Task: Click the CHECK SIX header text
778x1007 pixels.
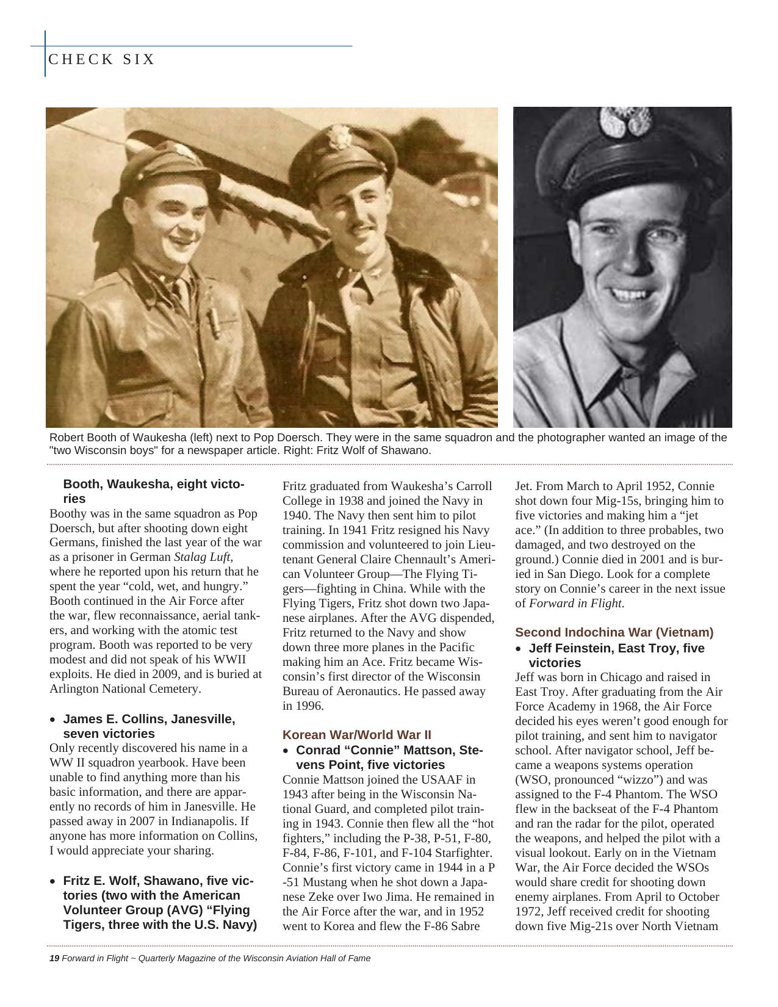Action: click(101, 59)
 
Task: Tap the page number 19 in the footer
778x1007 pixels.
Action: click(54, 958)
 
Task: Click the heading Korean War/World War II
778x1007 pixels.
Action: click(356, 735)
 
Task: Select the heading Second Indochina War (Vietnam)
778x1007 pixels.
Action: click(614, 632)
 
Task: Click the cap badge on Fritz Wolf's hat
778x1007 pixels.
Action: click(616, 122)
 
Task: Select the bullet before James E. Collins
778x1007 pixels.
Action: click(53, 720)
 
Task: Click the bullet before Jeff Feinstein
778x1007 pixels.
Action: click(519, 649)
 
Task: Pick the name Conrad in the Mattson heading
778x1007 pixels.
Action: click(319, 750)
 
